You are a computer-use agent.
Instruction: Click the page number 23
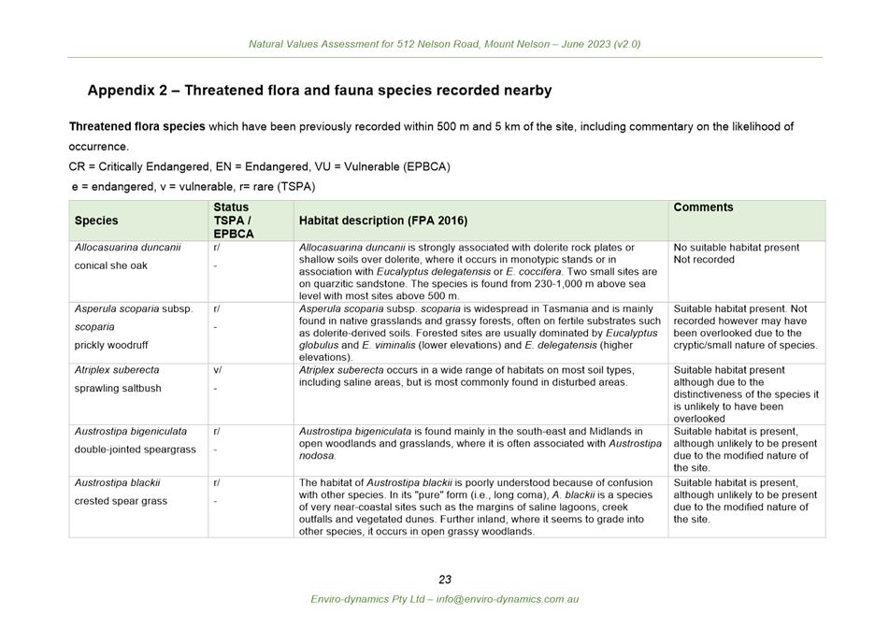445,579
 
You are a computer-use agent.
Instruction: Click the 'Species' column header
96,222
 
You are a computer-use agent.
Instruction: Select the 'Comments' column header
703,207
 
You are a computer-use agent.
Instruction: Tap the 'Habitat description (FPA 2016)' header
383,222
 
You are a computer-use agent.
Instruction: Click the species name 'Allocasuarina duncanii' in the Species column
128,248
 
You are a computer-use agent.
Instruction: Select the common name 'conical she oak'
111,265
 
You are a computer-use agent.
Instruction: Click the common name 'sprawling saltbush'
118,388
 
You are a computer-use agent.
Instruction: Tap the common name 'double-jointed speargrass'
136,450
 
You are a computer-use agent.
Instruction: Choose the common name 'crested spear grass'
121,501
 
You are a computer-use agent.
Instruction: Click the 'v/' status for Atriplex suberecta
217,370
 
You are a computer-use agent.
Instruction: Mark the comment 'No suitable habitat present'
737,248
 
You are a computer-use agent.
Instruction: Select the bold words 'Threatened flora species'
136,126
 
